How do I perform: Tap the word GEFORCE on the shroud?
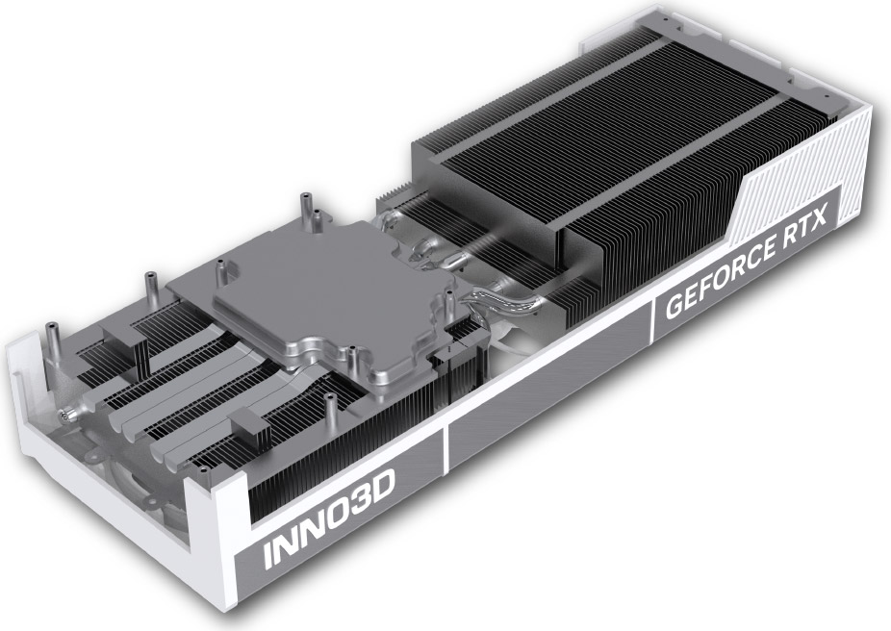coord(720,275)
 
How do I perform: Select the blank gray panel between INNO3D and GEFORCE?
coord(548,387)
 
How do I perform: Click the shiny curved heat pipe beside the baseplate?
coord(507,299)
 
